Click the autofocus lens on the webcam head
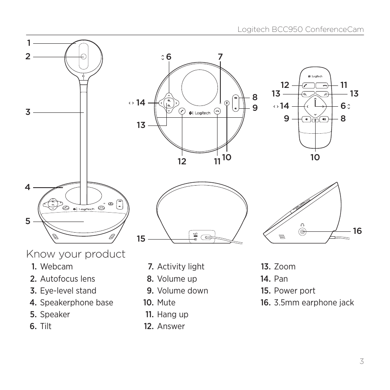(83, 57)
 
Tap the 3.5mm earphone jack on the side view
(303, 232)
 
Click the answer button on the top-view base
(182, 111)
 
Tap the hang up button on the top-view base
(217, 111)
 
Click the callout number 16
(357, 231)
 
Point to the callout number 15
(141, 239)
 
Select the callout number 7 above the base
(220, 57)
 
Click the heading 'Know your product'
(76, 254)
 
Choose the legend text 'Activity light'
(181, 267)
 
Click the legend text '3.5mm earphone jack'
(314, 303)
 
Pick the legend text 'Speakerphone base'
(76, 303)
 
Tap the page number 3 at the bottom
(361, 361)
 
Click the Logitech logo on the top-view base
(200, 113)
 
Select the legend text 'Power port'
(294, 291)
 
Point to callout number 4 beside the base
(27, 188)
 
